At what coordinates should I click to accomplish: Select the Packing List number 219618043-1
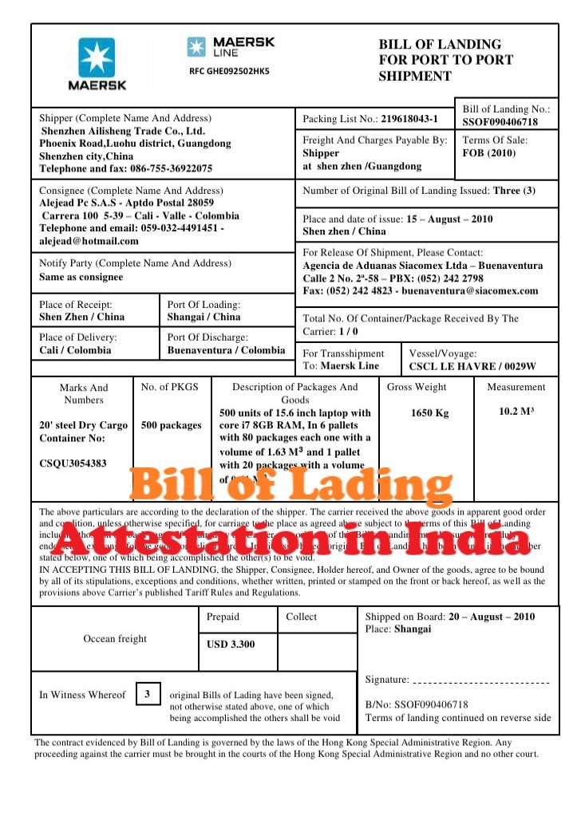coord(409,119)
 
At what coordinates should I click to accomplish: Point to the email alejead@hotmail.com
coord(89,240)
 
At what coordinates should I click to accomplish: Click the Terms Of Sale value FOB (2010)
coord(489,152)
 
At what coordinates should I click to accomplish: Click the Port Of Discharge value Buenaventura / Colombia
coord(226,350)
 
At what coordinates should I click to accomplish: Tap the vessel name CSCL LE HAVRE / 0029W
coord(472,366)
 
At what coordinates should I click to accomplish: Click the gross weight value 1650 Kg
coord(429,413)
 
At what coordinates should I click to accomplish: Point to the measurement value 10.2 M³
coord(516,412)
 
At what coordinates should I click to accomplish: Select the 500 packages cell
coord(171,425)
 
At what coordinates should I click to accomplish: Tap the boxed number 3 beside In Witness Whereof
coord(147,694)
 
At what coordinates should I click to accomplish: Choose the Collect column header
coord(302,617)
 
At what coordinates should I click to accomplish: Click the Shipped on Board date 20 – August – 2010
coord(502,617)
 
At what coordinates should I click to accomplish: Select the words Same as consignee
coord(81,277)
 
